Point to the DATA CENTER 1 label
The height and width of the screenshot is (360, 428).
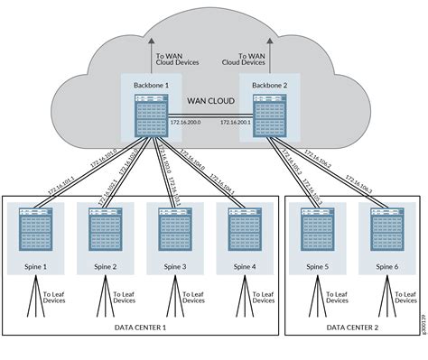point(140,328)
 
